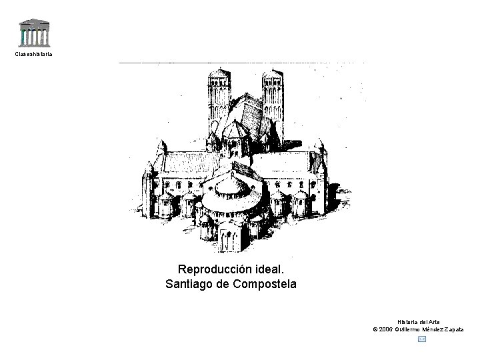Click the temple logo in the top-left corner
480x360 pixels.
click(x=33, y=31)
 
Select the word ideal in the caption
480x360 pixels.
click(x=270, y=269)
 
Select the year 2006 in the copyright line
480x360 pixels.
click(x=388, y=329)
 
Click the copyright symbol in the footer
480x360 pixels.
click(x=375, y=329)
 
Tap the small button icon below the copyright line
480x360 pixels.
click(x=421, y=339)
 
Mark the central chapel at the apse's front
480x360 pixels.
click(x=235, y=233)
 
